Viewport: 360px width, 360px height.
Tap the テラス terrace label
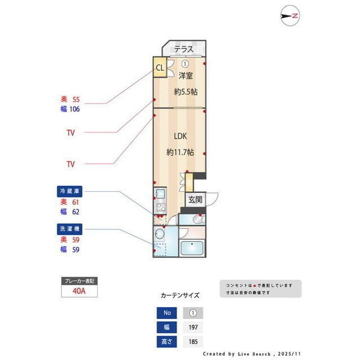click(183, 49)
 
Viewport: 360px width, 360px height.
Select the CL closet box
click(159, 68)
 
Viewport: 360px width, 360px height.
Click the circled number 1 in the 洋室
click(184, 64)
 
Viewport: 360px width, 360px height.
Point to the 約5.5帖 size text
click(185, 92)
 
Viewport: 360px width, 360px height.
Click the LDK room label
click(180, 136)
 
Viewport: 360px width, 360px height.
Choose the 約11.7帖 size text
click(180, 152)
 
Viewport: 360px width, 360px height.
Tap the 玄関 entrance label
click(195, 199)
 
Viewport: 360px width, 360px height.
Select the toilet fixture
click(197, 219)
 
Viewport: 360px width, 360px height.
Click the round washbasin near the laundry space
click(159, 234)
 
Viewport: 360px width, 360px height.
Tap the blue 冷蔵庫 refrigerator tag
click(70, 191)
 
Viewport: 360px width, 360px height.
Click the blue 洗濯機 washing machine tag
click(70, 229)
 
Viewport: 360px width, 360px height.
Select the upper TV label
click(70, 133)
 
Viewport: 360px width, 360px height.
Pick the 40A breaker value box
click(79, 291)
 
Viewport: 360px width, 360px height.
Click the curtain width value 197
click(192, 327)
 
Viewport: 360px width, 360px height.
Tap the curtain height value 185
click(192, 341)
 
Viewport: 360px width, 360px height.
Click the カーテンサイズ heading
click(180, 295)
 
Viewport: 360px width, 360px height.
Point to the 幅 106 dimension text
click(70, 109)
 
